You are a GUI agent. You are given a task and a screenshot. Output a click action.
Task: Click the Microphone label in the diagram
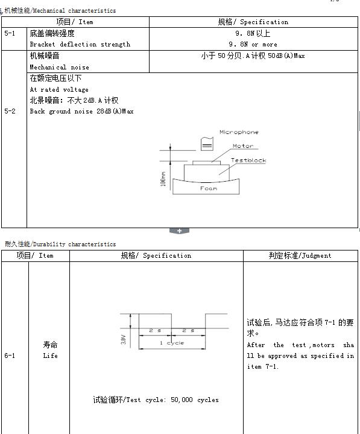pyautogui.click(x=239, y=132)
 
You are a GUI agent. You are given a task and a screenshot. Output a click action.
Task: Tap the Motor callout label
pyautogui.click(x=243, y=146)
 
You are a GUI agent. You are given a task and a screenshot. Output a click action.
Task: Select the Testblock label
pyautogui.click(x=248, y=160)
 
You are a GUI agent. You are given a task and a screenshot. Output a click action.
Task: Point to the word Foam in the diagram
pyautogui.click(x=209, y=188)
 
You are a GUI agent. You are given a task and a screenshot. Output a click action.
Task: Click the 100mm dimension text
pyautogui.click(x=163, y=179)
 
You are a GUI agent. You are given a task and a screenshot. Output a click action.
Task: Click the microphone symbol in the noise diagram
pyautogui.click(x=207, y=144)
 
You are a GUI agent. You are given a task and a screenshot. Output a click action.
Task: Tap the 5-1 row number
pyautogui.click(x=10, y=33)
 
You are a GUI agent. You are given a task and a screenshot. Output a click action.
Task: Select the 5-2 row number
pyautogui.click(x=10, y=111)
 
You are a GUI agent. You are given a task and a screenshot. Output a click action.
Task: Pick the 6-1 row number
pyautogui.click(x=10, y=356)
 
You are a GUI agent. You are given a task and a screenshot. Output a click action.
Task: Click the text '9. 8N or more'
pyautogui.click(x=253, y=44)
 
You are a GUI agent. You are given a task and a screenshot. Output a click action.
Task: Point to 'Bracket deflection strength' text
pyautogui.click(x=80, y=44)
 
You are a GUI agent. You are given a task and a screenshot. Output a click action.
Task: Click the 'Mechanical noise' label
pyautogui.click(x=60, y=67)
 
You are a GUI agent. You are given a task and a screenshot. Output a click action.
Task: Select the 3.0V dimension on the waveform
pyautogui.click(x=124, y=340)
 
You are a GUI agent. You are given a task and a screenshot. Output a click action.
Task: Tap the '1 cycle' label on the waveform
pyautogui.click(x=172, y=343)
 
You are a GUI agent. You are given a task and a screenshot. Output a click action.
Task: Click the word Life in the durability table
pyautogui.click(x=50, y=356)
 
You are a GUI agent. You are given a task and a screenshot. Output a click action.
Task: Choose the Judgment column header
pyautogui.click(x=300, y=255)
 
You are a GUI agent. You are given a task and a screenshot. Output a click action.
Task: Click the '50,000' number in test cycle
pyautogui.click(x=182, y=400)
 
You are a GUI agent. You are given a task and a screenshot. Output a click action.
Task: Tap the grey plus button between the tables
pyautogui.click(x=179, y=231)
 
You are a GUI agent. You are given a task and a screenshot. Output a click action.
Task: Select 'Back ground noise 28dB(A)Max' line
pyautogui.click(x=81, y=111)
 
